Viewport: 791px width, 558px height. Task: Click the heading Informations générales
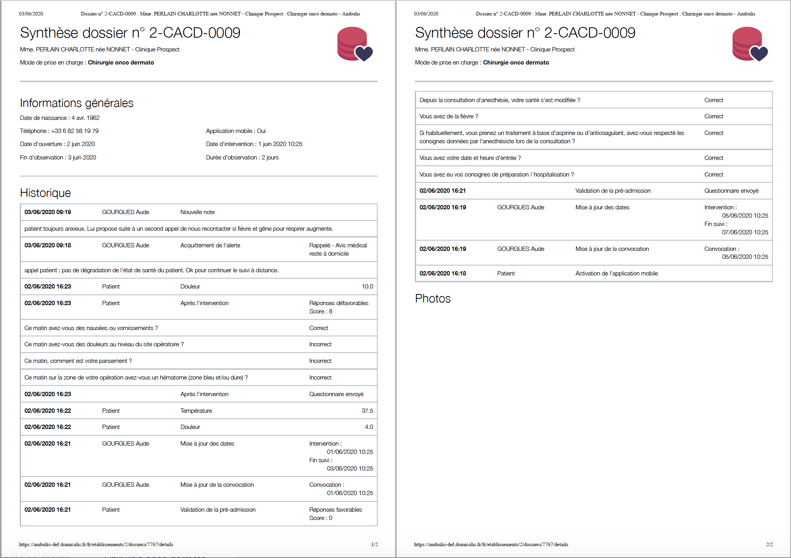coord(76,103)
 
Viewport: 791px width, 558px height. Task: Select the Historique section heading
coord(45,193)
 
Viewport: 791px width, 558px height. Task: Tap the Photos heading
coord(433,299)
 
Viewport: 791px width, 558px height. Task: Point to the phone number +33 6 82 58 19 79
coord(75,131)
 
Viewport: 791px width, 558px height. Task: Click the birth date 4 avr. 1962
coord(86,118)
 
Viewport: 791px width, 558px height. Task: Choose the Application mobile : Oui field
coord(236,131)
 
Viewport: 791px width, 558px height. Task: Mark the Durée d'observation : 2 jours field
coord(242,158)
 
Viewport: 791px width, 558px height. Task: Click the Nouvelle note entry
coord(198,212)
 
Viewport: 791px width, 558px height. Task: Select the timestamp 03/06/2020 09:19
coord(48,212)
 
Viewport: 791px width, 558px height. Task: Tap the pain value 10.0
coord(367,287)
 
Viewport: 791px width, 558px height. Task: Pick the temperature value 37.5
coord(367,411)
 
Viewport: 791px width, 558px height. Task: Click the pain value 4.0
coord(369,427)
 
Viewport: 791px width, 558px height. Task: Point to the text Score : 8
coord(321,311)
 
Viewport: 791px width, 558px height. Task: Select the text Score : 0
coord(321,518)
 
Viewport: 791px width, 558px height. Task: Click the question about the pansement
coord(78,361)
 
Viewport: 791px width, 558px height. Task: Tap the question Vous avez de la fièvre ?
coord(449,116)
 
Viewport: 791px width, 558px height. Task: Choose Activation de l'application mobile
coord(616,273)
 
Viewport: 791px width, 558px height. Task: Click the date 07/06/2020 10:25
coord(745,232)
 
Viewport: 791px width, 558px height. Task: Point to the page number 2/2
coord(769,545)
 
